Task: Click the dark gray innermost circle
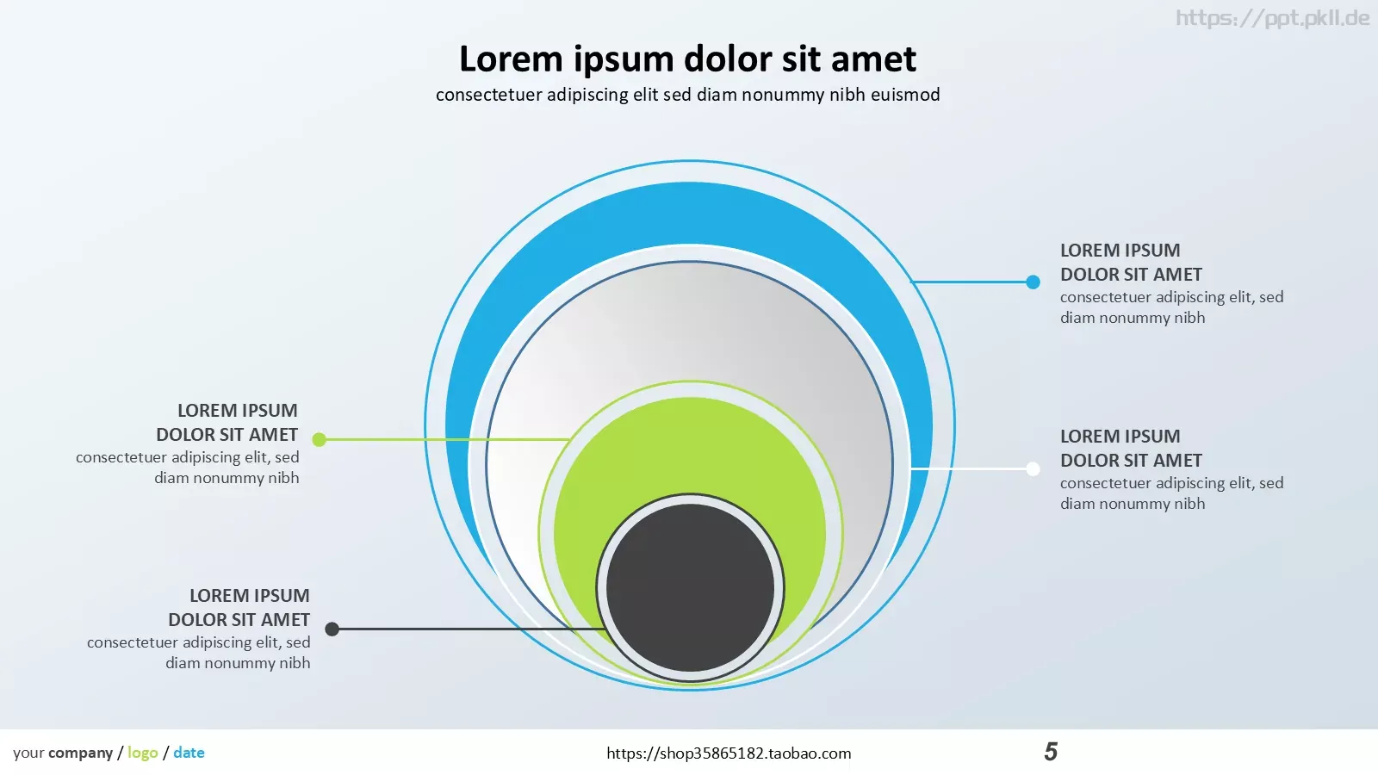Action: (x=690, y=587)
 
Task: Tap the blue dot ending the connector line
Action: (x=1033, y=282)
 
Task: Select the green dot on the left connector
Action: (x=319, y=439)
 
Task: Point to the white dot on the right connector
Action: (x=1033, y=468)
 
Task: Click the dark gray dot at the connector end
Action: (x=332, y=629)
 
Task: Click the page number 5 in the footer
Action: (x=1051, y=752)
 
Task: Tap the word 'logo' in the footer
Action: (x=143, y=753)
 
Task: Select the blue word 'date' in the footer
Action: (x=189, y=753)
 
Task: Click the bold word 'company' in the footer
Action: (x=81, y=753)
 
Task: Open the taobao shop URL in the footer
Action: (x=729, y=753)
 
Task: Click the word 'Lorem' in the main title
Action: (x=512, y=59)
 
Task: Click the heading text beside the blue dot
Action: (x=1131, y=262)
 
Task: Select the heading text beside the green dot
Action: (x=227, y=422)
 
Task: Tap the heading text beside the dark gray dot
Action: (x=239, y=607)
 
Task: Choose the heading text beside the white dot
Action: (x=1131, y=448)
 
